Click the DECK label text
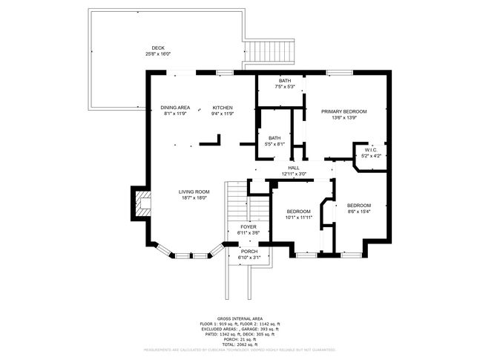tap(158, 48)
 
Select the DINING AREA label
tap(175, 108)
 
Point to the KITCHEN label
tap(222, 108)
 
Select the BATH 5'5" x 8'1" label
tap(274, 140)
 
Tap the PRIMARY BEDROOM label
tap(343, 111)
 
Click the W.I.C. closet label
tap(372, 151)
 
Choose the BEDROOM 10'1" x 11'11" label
tap(298, 213)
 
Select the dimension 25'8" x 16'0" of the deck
tap(158, 54)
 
